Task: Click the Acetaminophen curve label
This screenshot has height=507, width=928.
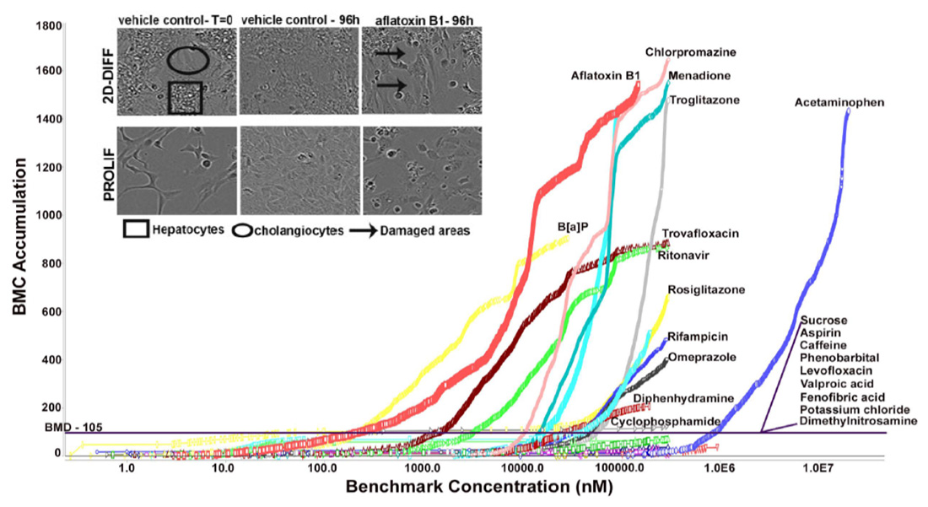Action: point(839,104)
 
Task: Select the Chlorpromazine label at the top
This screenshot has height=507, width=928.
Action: point(691,52)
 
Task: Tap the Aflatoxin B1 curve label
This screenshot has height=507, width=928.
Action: point(602,75)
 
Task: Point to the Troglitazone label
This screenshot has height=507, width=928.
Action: point(704,100)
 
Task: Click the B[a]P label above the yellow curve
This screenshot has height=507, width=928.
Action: point(571,228)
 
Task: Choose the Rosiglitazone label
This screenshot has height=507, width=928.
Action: point(706,290)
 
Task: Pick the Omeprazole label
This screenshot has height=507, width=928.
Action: point(701,357)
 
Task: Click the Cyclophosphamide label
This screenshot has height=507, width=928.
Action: point(665,421)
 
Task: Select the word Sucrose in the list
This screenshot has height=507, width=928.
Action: point(824,321)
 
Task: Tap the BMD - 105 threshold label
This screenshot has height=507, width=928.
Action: point(73,428)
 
